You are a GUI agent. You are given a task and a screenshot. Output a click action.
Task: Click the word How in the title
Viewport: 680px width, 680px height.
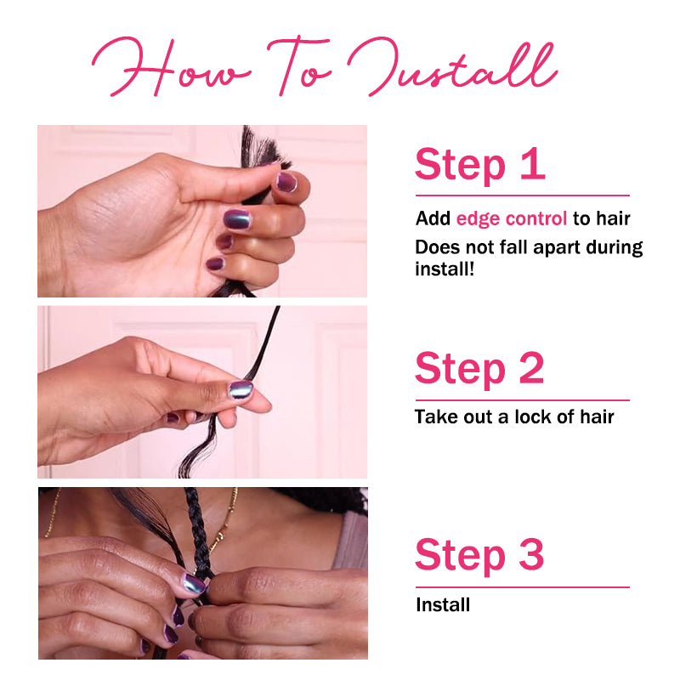coord(172,67)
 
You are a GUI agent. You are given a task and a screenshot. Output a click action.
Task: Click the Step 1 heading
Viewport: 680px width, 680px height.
coord(479,166)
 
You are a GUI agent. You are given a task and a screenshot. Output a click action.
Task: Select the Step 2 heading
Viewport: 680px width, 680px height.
coord(479,370)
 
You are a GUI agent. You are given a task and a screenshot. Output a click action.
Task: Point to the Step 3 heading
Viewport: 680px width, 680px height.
coord(479,556)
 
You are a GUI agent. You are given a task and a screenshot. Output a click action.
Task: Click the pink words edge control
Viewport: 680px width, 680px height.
coord(512,218)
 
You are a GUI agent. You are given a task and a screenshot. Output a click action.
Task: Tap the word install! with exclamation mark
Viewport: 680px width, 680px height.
coord(445,269)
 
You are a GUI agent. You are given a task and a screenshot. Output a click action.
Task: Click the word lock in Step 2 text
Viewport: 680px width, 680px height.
coord(533,416)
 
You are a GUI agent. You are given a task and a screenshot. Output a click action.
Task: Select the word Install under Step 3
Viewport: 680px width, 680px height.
coord(443,604)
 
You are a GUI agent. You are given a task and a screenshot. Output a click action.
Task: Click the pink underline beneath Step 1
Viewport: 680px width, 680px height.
coord(523,195)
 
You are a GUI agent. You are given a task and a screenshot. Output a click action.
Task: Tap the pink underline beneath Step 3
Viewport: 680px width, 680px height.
coord(523,587)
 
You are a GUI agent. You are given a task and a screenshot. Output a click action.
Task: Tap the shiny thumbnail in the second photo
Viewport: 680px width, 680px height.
coord(241,390)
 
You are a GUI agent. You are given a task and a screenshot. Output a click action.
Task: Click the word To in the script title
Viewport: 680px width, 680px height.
coord(299,67)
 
